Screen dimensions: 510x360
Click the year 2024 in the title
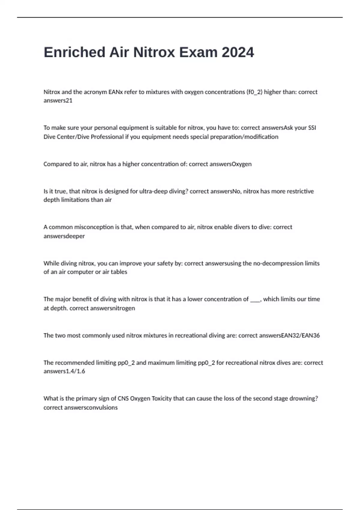pyautogui.click(x=238, y=52)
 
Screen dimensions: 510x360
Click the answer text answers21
pyautogui.click(x=58, y=101)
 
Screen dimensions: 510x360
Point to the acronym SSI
pyautogui.click(x=312, y=128)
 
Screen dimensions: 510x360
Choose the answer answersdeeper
pyautogui.click(x=64, y=236)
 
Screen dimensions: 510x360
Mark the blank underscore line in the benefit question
pyautogui.click(x=255, y=299)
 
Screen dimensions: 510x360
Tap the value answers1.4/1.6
pyautogui.click(x=64, y=371)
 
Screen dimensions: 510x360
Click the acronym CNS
pyautogui.click(x=123, y=399)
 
